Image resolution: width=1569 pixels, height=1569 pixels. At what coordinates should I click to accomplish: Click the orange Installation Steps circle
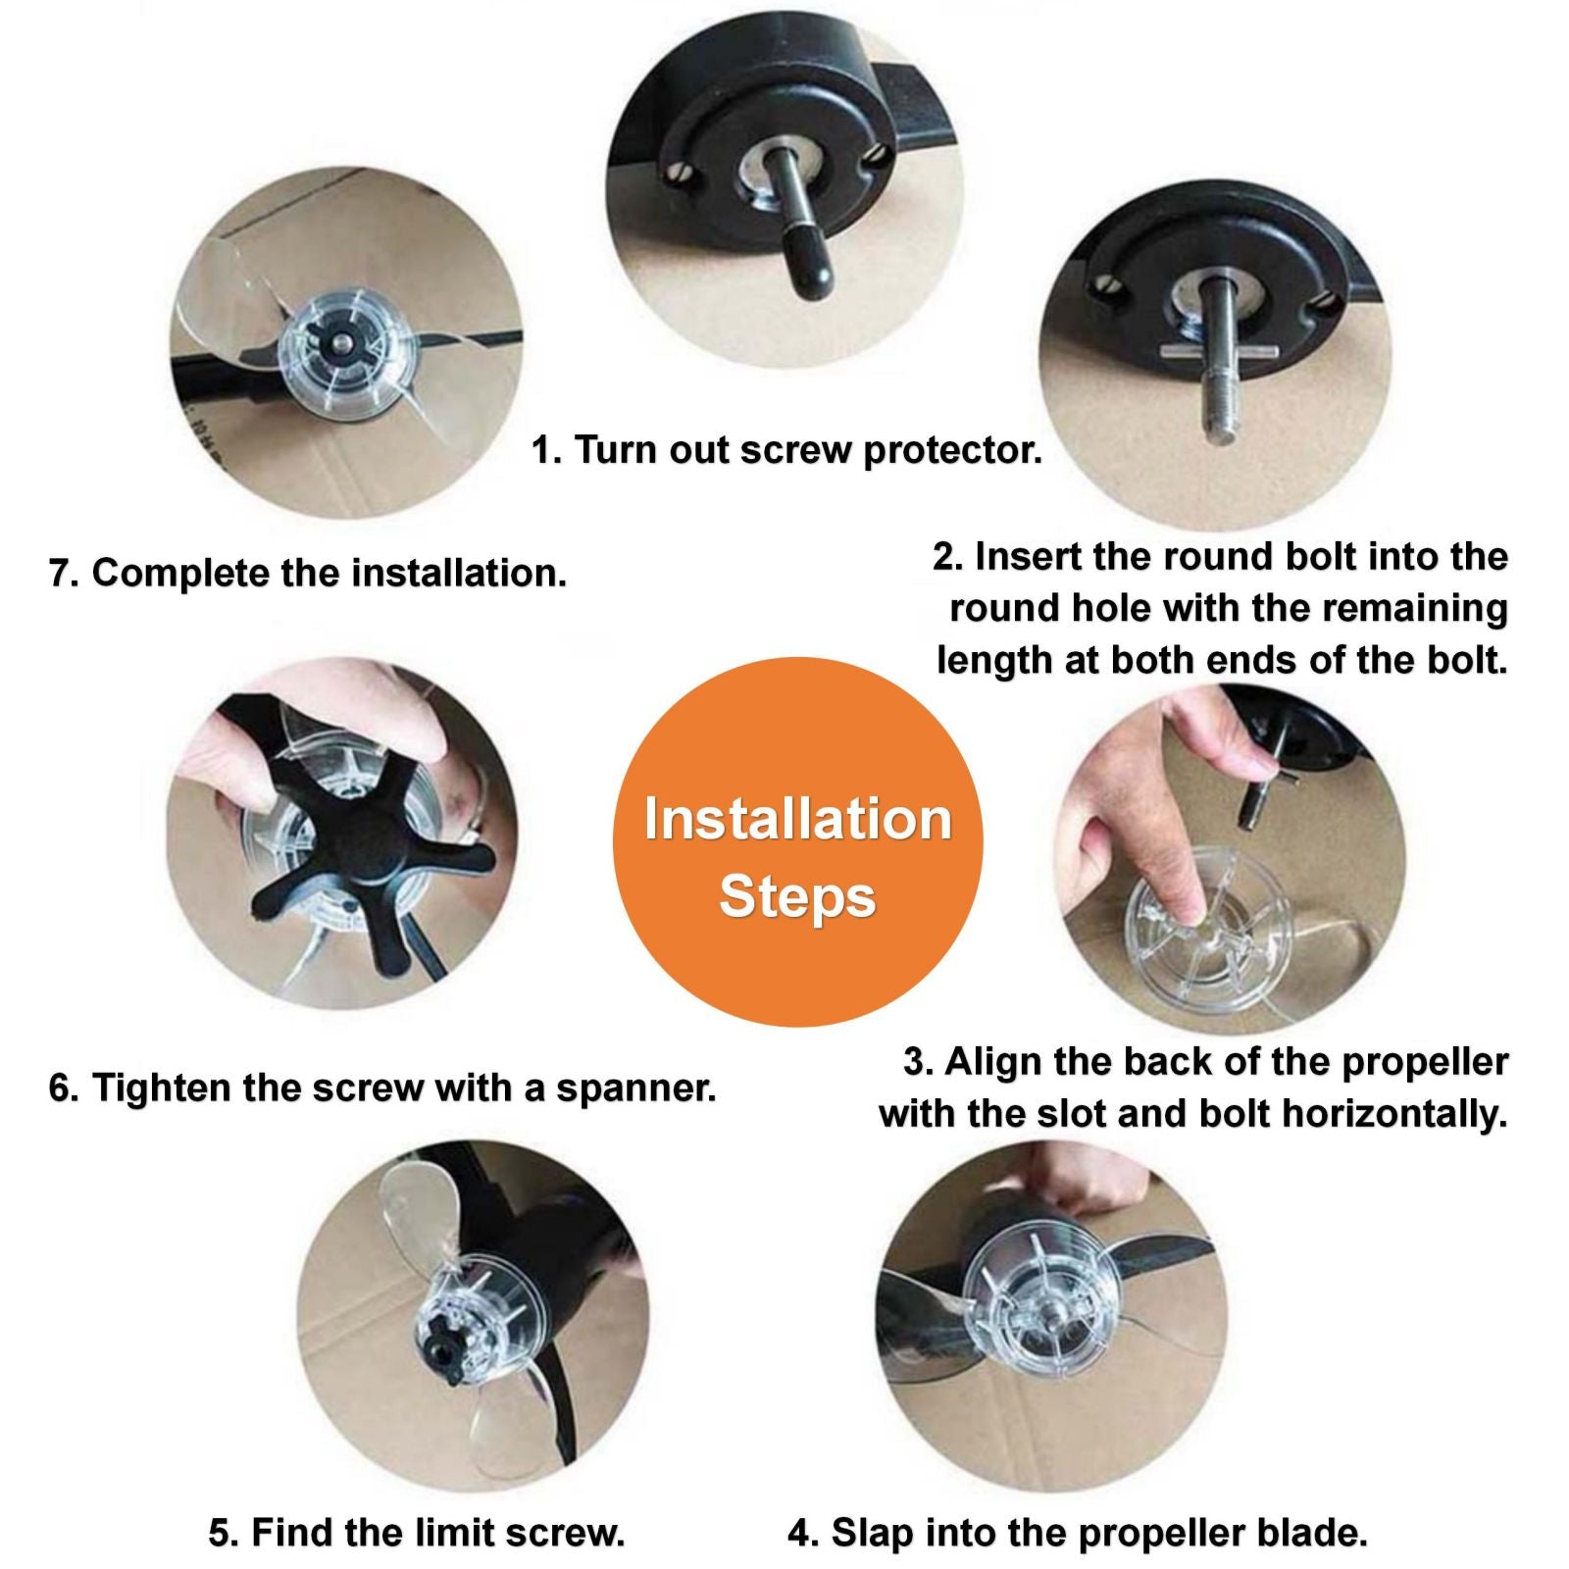[x=797, y=841]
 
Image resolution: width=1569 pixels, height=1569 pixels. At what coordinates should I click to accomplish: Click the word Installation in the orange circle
[x=797, y=819]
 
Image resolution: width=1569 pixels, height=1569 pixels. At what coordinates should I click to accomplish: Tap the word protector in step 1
[x=952, y=451]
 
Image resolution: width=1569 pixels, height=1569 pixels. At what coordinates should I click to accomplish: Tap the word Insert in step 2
[x=1025, y=556]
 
